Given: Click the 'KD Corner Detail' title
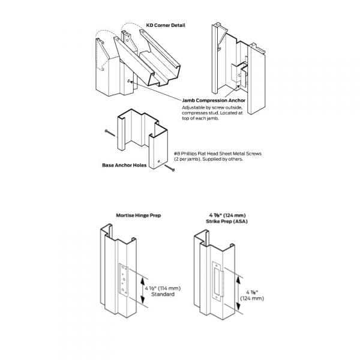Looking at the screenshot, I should (x=166, y=25).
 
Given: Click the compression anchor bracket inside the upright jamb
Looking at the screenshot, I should (x=242, y=74).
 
